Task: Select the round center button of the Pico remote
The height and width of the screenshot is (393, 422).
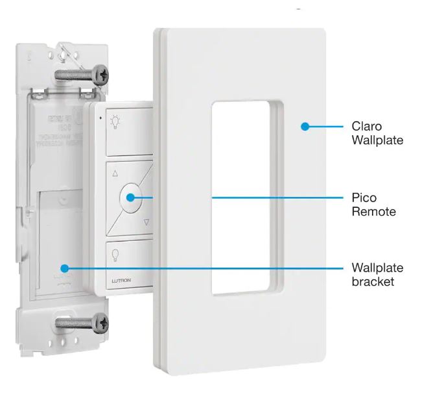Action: (130, 196)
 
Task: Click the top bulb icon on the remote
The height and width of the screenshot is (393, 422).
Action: (115, 121)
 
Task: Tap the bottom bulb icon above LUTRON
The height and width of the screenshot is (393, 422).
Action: (116, 254)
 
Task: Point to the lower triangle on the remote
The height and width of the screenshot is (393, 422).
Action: (146, 222)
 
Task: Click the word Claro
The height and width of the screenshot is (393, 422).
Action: (366, 126)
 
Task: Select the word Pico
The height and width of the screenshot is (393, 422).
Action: (364, 197)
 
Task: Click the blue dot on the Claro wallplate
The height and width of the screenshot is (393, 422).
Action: (303, 127)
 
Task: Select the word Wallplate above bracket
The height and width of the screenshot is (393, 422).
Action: (377, 267)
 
